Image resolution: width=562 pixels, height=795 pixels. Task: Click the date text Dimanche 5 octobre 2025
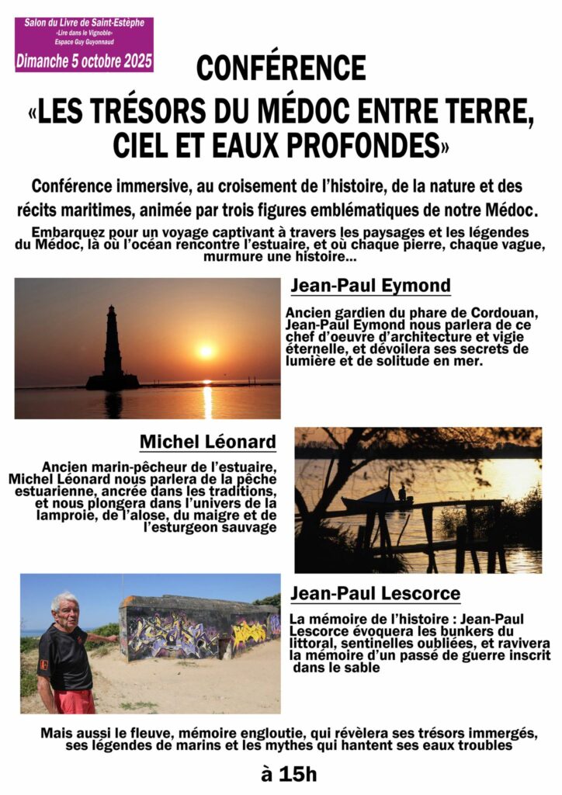click(x=84, y=59)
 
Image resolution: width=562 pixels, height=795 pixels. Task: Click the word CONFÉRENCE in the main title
click(x=280, y=68)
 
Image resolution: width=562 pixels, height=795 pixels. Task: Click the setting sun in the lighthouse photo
click(x=206, y=351)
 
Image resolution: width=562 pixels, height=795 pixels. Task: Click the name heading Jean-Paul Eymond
click(x=369, y=286)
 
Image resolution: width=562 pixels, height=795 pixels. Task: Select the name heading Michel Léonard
click(x=207, y=443)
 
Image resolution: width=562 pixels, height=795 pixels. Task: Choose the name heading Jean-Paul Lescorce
click(x=375, y=594)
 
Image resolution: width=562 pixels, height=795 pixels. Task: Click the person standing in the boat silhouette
click(x=401, y=492)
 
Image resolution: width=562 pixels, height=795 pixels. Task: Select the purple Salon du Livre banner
click(x=84, y=44)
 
